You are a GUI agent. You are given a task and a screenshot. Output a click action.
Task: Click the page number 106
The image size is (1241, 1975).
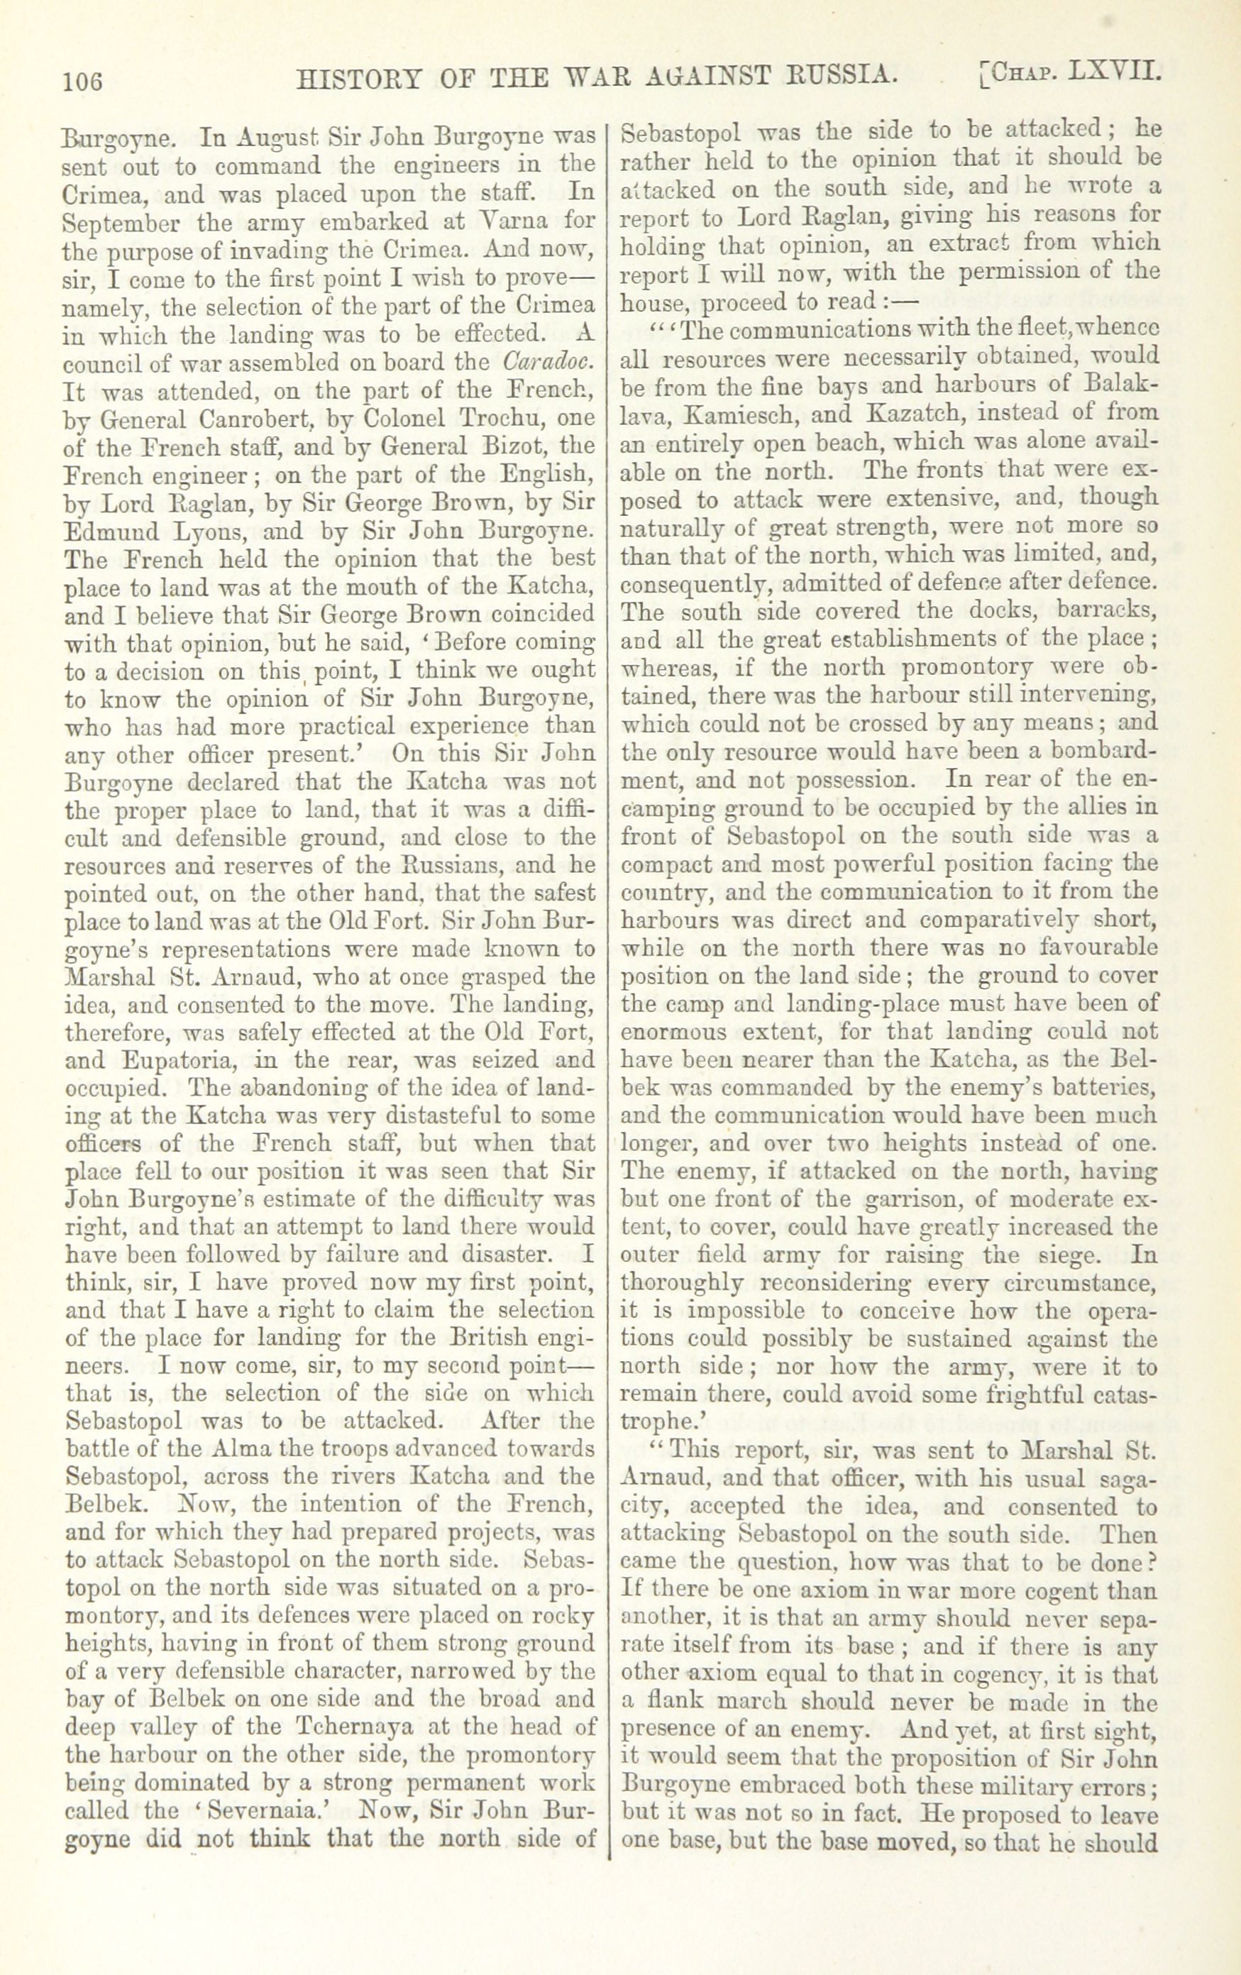pos(83,79)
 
